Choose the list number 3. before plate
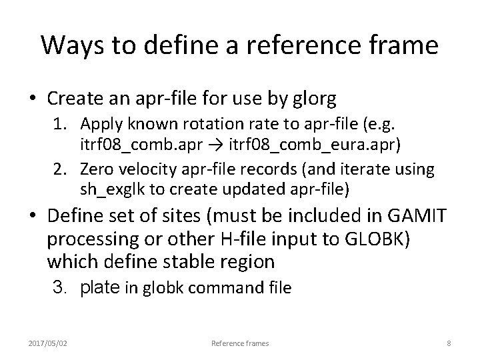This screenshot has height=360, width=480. tap(62, 288)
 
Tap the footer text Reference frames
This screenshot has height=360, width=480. tap(240, 343)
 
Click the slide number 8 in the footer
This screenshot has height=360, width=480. tap(449, 343)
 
